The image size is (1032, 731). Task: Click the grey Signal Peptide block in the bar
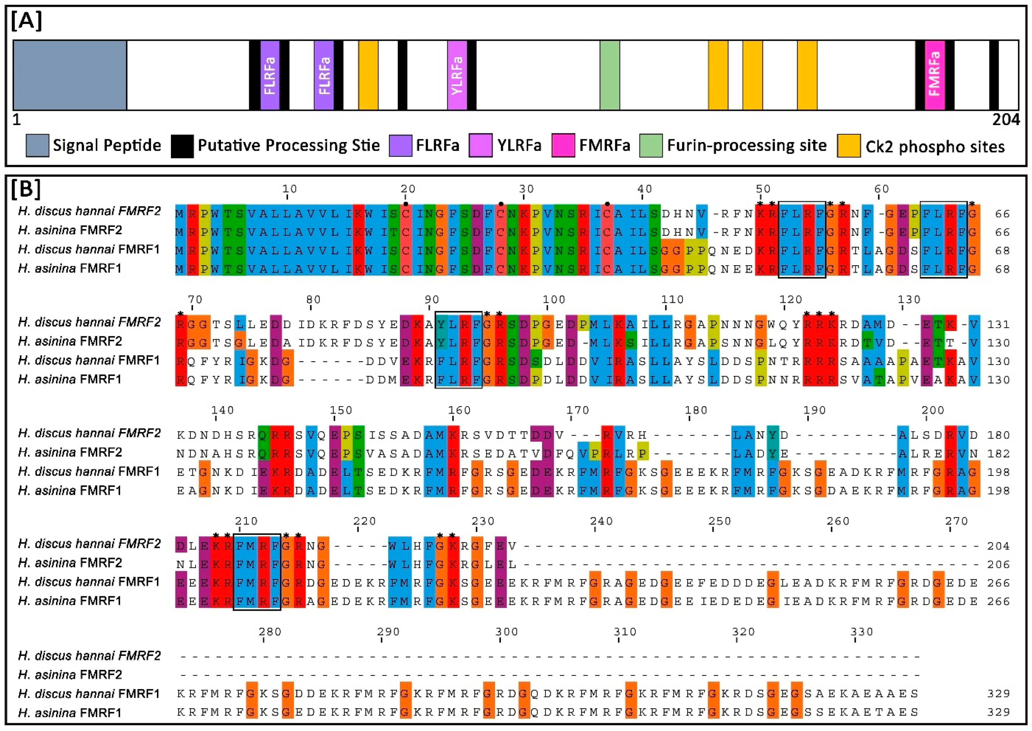pyautogui.click(x=70, y=75)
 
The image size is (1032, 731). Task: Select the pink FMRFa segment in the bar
pyautogui.click(x=934, y=75)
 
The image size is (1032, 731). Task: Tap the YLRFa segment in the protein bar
pyautogui.click(x=457, y=75)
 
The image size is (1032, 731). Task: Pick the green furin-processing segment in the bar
pyautogui.click(x=610, y=75)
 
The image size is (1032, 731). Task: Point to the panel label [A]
pyautogui.click(x=27, y=21)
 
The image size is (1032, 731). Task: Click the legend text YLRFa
pyautogui.click(x=519, y=145)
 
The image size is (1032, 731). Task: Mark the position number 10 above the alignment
pyautogui.click(x=289, y=189)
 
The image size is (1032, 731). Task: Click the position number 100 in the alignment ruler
pyautogui.click(x=554, y=300)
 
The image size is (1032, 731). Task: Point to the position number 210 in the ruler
pyautogui.click(x=246, y=521)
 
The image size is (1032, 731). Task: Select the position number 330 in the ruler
pyautogui.click(x=862, y=632)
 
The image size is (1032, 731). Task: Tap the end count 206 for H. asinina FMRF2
pyautogui.click(x=998, y=564)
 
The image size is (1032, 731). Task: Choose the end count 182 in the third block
pyautogui.click(x=998, y=454)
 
